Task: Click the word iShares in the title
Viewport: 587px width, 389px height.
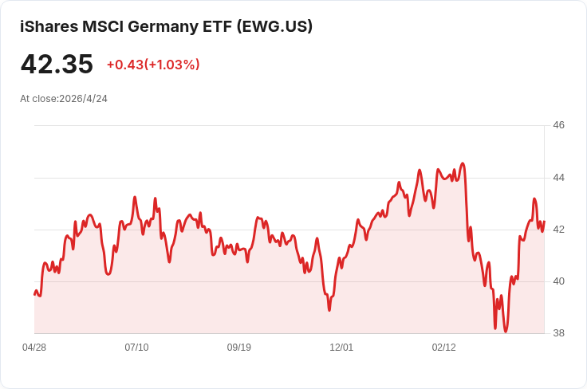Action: tap(49, 26)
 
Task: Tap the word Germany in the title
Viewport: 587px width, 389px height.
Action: tap(166, 26)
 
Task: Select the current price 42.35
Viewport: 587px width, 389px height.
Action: tap(57, 64)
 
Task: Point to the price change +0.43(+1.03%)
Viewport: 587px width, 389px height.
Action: tap(153, 65)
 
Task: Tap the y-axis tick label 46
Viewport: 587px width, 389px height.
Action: tap(558, 125)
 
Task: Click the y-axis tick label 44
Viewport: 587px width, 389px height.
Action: tap(558, 178)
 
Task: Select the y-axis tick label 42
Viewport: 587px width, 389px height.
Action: tap(558, 230)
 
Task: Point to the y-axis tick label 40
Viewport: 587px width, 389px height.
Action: tap(558, 281)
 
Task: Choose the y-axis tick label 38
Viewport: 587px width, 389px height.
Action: tap(558, 333)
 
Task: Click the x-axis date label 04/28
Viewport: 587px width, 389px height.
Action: tap(34, 348)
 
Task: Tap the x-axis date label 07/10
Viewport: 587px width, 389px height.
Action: tap(136, 348)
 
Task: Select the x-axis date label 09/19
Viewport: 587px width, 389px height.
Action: tap(239, 348)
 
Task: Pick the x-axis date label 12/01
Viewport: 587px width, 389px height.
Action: tap(341, 348)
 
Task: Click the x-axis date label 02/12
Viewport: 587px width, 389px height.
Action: tap(443, 348)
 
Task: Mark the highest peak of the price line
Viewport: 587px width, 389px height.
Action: tap(463, 163)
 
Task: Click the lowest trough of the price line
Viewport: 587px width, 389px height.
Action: tap(506, 332)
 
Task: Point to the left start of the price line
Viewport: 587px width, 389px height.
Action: tap(34, 294)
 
